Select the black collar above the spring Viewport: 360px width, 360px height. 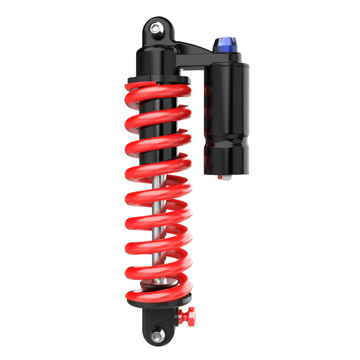click(157, 80)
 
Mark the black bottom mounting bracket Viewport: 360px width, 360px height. click(158, 324)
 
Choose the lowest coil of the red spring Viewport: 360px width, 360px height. click(158, 295)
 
